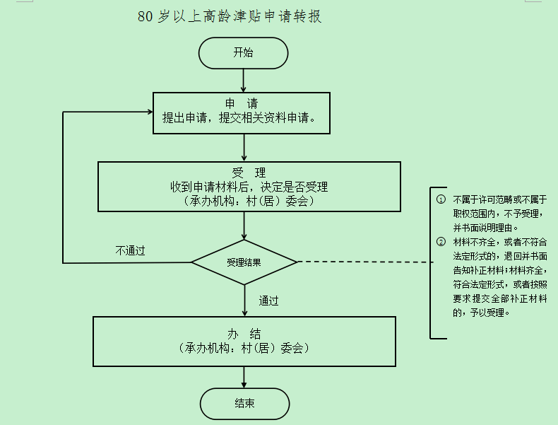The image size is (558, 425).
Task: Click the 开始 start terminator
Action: (244, 53)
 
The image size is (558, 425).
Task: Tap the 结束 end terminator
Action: (244, 404)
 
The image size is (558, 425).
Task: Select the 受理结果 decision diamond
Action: (244, 262)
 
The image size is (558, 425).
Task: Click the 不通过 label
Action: (131, 250)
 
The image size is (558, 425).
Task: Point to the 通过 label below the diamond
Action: (268, 301)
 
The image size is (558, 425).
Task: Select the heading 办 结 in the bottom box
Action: (244, 334)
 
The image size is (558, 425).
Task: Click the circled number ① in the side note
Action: (441, 199)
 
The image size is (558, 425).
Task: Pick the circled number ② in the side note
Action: (441, 242)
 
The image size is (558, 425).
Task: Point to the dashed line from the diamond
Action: (364, 262)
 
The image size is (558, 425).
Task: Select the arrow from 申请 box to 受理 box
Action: (244, 148)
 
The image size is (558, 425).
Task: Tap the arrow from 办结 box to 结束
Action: (244, 377)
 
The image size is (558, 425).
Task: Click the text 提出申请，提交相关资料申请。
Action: (247, 117)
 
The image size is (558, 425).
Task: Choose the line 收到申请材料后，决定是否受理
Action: (249, 187)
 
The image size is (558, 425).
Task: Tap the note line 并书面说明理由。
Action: (485, 228)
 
